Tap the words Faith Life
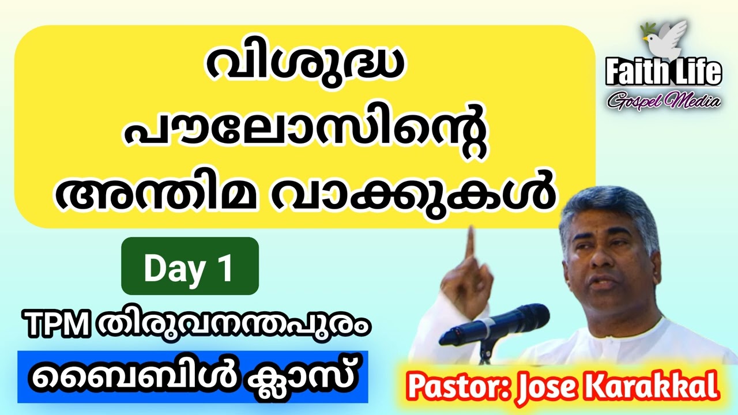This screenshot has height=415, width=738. coord(663,72)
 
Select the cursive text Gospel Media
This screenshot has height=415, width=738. coord(663,101)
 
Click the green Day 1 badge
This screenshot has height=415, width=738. coord(190,266)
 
